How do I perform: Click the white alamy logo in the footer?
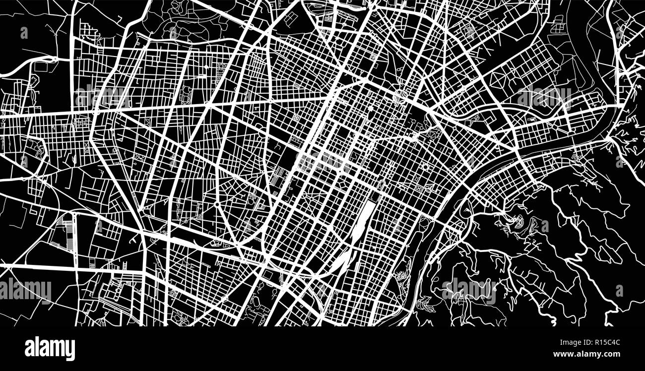50,349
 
